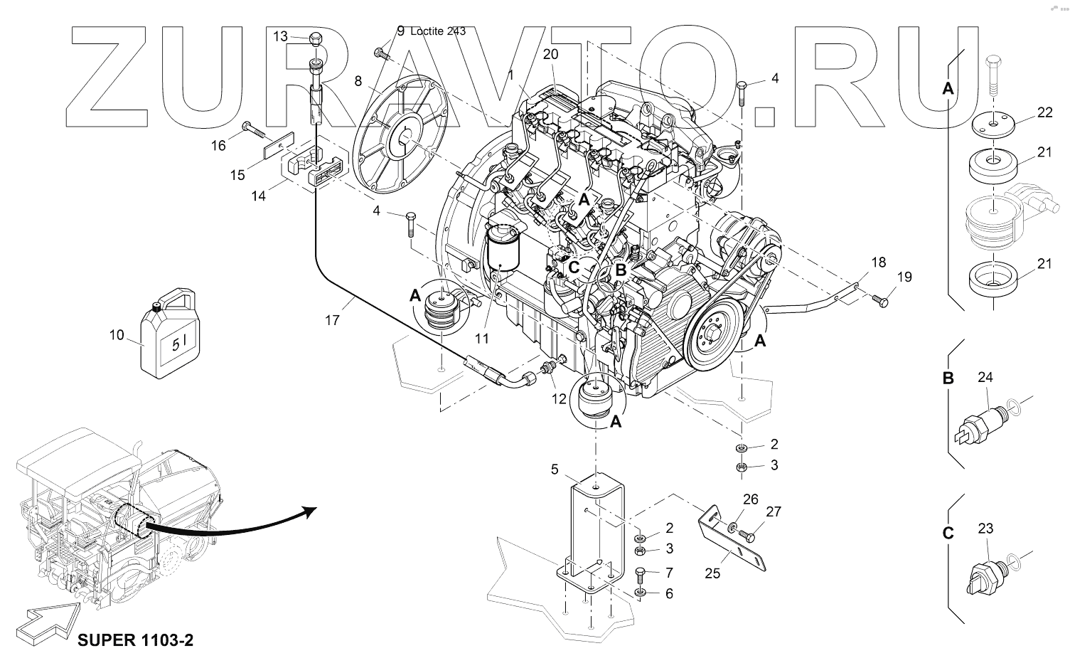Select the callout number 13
280,36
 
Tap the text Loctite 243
439,31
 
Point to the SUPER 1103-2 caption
134,640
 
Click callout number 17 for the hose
332,320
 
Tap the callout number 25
712,573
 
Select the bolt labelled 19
882,302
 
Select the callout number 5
555,469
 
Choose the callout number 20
550,54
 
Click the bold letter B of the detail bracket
948,378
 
